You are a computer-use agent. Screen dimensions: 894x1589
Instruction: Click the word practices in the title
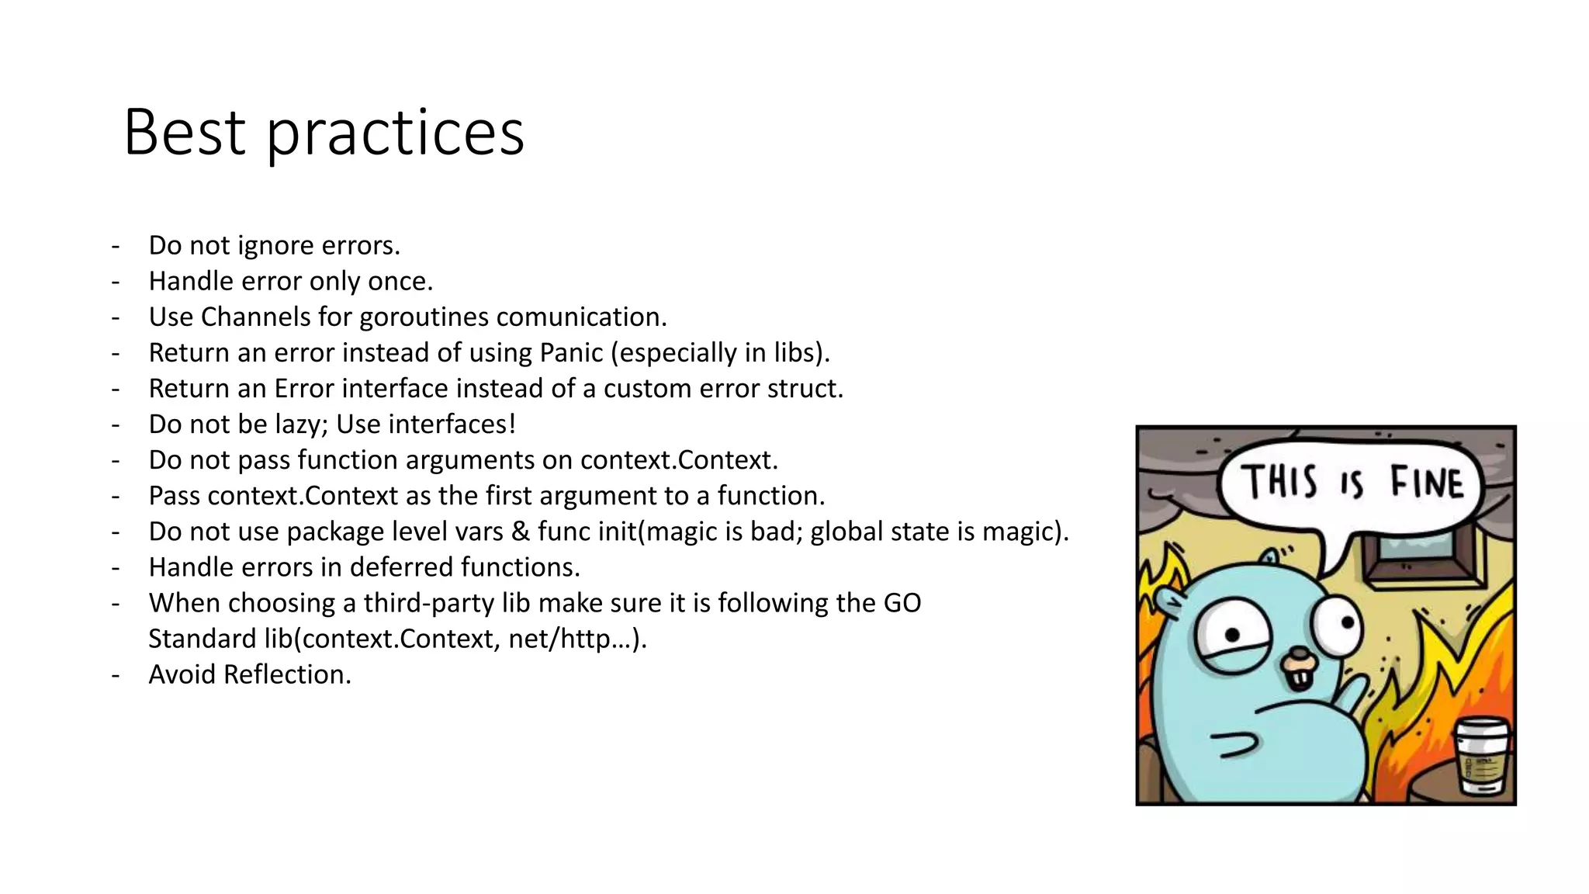(x=396, y=133)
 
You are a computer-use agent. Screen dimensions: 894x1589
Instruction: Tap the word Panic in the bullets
(x=571, y=352)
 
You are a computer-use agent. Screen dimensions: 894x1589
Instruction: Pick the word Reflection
(x=287, y=674)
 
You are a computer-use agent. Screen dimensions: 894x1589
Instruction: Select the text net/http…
(x=577, y=639)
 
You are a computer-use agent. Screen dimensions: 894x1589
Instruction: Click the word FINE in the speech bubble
(x=1426, y=482)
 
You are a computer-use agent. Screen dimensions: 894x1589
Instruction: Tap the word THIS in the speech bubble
(x=1279, y=481)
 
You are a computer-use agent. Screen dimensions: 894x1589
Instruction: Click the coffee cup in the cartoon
(x=1481, y=756)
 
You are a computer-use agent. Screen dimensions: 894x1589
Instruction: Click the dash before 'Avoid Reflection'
(x=116, y=674)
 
